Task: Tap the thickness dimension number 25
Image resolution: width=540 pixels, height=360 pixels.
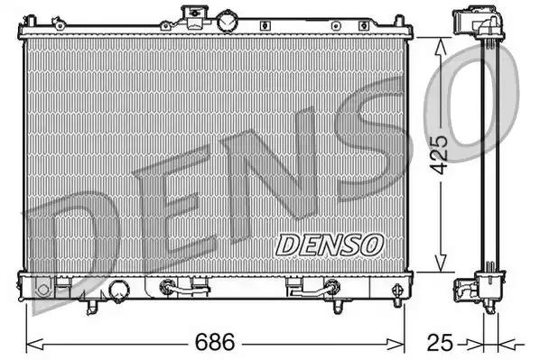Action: click(x=440, y=343)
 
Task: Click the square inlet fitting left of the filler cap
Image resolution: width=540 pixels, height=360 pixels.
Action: click(x=192, y=14)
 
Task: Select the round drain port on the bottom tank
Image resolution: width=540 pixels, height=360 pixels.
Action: click(x=118, y=290)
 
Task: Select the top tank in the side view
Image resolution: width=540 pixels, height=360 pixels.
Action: click(x=474, y=23)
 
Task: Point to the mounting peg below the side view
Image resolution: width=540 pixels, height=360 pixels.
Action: click(x=490, y=312)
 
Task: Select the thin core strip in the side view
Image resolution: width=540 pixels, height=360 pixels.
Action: click(x=490, y=153)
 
